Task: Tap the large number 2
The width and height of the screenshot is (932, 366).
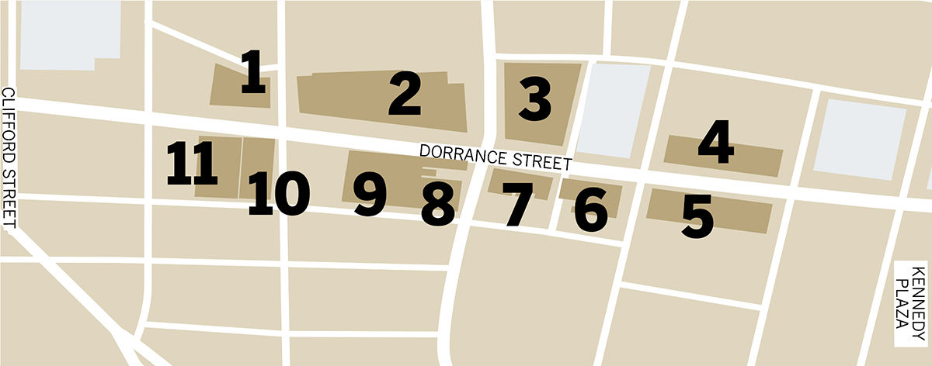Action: click(x=405, y=95)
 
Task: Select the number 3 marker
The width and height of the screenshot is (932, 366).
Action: click(x=535, y=102)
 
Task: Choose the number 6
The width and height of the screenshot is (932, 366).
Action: click(x=592, y=209)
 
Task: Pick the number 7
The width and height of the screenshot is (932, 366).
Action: click(x=517, y=205)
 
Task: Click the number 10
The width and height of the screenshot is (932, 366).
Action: click(x=280, y=194)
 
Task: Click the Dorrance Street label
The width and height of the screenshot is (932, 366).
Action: click(x=496, y=157)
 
